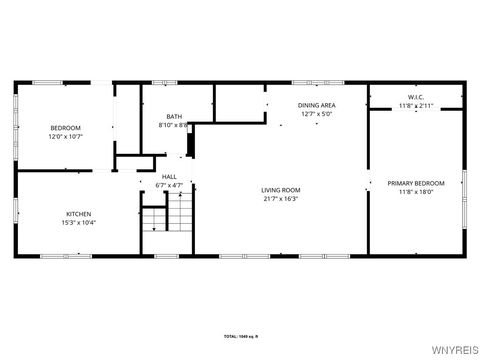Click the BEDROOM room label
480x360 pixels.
tap(66, 127)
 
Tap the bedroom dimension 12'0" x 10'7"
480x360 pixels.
tap(66, 136)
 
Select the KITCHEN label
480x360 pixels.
tap(79, 214)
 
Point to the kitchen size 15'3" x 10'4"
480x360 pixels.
tap(79, 223)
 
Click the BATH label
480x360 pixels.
tap(174, 117)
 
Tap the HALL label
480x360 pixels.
tap(170, 176)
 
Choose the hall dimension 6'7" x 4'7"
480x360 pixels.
tap(170, 185)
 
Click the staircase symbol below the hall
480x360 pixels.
tap(166, 214)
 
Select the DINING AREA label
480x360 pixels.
tap(317, 105)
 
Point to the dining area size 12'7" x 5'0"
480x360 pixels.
tap(317, 114)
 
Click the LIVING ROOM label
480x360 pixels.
tap(281, 190)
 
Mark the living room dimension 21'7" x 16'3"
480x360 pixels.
tap(281, 199)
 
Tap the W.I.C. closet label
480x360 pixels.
tap(416, 96)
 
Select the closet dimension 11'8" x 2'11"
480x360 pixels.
tap(416, 105)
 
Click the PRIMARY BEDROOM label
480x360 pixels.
tap(416, 183)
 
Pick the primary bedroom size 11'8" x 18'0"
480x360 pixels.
tap(416, 192)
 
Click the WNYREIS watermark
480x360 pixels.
tap(456, 351)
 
